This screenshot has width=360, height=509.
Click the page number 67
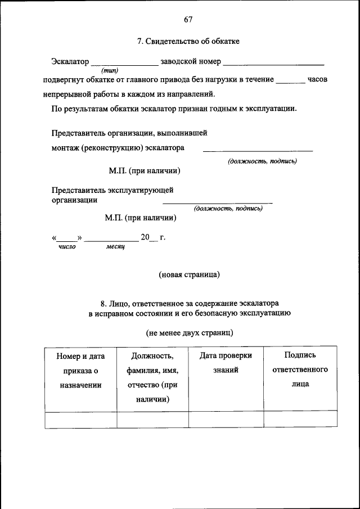click(x=188, y=20)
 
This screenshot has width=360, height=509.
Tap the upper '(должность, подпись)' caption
click(x=262, y=161)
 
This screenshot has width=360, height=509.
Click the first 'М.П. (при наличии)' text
click(x=145, y=170)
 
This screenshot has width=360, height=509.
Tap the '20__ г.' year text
click(x=152, y=237)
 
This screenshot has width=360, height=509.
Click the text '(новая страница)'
click(x=189, y=274)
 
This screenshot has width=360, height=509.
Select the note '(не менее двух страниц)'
click(x=189, y=332)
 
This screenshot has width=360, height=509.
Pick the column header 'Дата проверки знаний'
click(x=226, y=363)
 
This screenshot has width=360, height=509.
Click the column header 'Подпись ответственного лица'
click(x=300, y=370)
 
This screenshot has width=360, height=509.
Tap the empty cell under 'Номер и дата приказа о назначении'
click(x=80, y=420)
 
